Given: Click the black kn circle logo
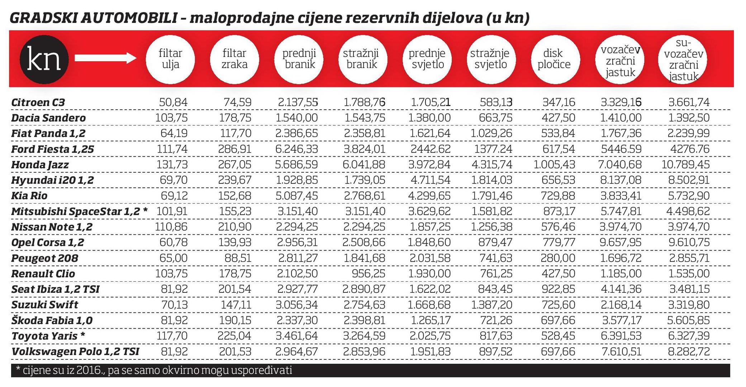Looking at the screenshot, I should tap(44, 59).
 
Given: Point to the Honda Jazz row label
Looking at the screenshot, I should tap(40, 165).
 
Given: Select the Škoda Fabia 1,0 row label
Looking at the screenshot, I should tap(52, 320).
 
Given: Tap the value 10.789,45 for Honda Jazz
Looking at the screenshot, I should tap(685, 164).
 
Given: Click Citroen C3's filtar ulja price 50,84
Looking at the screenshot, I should tap(173, 102).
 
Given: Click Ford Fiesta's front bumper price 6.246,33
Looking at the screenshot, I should tap(296, 149).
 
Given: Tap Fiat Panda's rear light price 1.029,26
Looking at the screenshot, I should tap(491, 133).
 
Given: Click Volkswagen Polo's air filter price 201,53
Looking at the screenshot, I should tap(235, 352).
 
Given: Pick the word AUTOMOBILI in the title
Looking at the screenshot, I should tap(129, 18).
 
